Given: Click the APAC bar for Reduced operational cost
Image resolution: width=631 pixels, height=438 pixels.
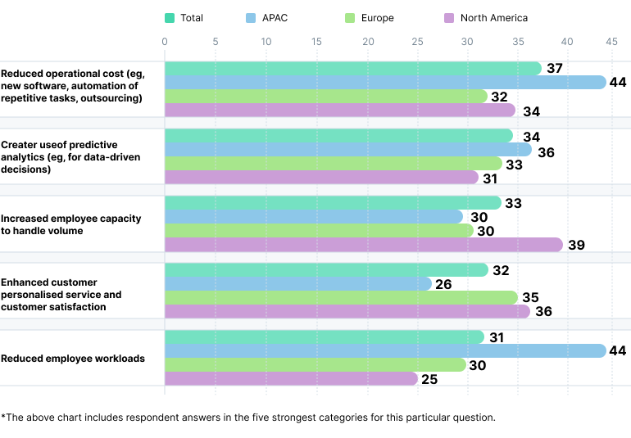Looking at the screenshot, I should pyautogui.click(x=385, y=82).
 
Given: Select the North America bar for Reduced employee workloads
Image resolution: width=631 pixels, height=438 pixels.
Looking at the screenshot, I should pyautogui.click(x=291, y=378).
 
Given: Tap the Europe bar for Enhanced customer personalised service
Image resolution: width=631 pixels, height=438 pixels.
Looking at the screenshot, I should pyautogui.click(x=341, y=297).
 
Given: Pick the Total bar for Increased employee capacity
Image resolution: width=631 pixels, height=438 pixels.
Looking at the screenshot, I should pyautogui.click(x=333, y=203).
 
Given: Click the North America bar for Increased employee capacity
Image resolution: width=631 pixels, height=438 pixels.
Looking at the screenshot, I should pyautogui.click(x=364, y=245).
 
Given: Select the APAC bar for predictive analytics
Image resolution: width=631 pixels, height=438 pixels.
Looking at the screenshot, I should pyautogui.click(x=347, y=150).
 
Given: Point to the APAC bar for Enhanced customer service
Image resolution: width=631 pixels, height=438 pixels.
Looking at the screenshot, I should pyautogui.click(x=297, y=283).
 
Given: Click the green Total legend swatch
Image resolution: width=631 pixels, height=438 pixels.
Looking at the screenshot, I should pyautogui.click(x=170, y=18).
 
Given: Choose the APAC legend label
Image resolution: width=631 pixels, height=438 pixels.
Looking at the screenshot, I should pyautogui.click(x=275, y=18).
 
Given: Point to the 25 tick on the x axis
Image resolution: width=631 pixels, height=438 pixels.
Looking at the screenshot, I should pyautogui.click(x=416, y=41).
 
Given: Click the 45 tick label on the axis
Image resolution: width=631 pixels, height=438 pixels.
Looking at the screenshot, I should pyautogui.click(x=611, y=41).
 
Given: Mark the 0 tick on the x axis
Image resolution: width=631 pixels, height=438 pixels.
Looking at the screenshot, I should pyautogui.click(x=165, y=41).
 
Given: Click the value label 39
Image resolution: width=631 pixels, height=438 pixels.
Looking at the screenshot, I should pyautogui.click(x=576, y=245).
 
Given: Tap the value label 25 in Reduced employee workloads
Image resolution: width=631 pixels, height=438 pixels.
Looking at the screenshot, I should pyautogui.click(x=429, y=379).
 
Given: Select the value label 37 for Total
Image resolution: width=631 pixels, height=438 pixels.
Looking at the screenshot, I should pyautogui.click(x=554, y=68).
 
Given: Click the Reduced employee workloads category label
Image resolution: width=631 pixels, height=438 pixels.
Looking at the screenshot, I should pyautogui.click(x=72, y=359).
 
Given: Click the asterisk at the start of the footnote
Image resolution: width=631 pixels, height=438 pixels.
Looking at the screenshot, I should pyautogui.click(x=3, y=417).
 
